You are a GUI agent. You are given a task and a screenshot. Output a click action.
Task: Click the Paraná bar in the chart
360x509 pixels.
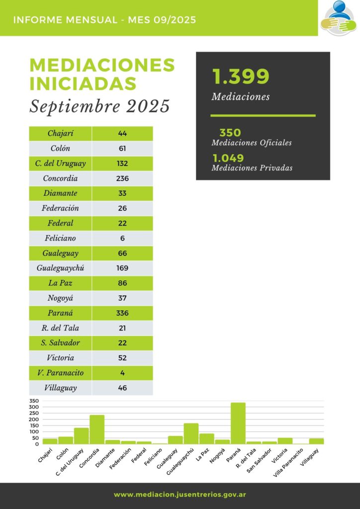(238, 423)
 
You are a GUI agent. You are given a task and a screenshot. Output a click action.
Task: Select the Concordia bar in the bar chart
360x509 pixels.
(97, 429)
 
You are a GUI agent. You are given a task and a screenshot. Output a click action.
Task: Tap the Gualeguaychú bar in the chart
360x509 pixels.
(191, 433)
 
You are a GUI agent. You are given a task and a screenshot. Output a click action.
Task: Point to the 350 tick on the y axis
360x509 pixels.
(34, 401)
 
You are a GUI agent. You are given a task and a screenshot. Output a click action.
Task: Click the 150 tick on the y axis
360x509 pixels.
(34, 425)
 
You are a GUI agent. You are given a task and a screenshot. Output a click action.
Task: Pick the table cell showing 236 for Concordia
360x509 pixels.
(122, 178)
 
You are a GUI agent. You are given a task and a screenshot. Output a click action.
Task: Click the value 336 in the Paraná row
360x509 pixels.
(122, 313)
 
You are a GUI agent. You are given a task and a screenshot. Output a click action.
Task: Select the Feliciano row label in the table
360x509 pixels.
(60, 239)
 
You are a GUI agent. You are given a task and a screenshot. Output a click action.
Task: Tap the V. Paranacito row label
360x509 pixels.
(60, 373)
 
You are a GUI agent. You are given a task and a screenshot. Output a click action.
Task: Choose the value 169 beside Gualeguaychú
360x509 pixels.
(122, 268)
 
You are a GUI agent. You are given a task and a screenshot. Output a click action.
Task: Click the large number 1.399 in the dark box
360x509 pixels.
(241, 77)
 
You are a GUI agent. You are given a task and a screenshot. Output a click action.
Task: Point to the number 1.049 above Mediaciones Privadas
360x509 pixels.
(228, 158)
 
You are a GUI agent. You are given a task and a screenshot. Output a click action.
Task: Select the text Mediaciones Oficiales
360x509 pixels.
(251, 143)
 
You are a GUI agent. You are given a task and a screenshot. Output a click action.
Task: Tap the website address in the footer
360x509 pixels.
(180, 495)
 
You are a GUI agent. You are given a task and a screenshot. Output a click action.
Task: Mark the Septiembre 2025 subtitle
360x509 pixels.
(99, 106)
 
